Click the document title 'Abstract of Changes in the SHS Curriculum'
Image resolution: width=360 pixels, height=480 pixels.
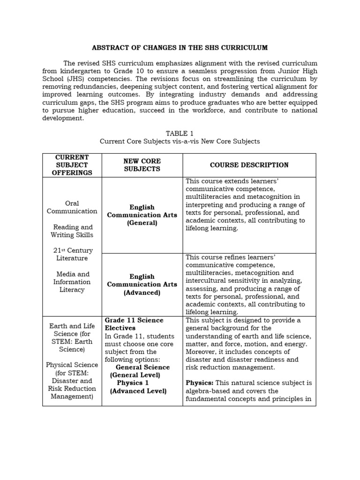[180, 47]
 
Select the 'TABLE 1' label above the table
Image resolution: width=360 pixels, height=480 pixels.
[180, 133]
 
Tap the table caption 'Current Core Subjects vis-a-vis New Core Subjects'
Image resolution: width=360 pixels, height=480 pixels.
[180, 141]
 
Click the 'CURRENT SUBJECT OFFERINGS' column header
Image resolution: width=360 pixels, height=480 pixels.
[72, 165]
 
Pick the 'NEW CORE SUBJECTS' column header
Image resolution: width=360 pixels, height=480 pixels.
[142, 165]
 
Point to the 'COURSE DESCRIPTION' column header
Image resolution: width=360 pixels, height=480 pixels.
[249, 165]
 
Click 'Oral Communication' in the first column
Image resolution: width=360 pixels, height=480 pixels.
[72, 207]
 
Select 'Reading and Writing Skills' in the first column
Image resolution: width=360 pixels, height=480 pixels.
[72, 231]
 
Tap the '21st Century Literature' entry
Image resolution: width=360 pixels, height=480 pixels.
[72, 255]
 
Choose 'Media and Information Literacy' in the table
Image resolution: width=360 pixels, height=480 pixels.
[72, 282]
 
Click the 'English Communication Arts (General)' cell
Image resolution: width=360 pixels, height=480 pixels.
[142, 215]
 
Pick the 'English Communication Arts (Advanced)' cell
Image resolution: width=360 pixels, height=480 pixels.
[142, 285]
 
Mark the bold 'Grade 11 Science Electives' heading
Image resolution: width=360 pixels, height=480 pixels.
[134, 324]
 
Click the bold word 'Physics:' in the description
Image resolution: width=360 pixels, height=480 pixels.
[199, 383]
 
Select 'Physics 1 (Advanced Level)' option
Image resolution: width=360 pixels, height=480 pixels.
[138, 387]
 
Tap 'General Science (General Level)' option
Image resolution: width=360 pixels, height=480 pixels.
[142, 371]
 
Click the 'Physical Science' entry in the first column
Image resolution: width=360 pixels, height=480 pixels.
[72, 365]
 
